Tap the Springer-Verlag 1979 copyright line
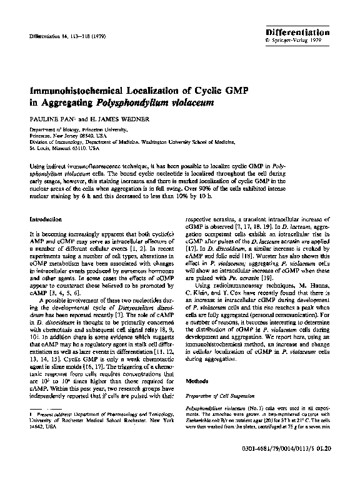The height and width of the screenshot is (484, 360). click(x=306, y=40)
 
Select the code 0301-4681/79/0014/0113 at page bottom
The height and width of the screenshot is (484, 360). click(x=291, y=466)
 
